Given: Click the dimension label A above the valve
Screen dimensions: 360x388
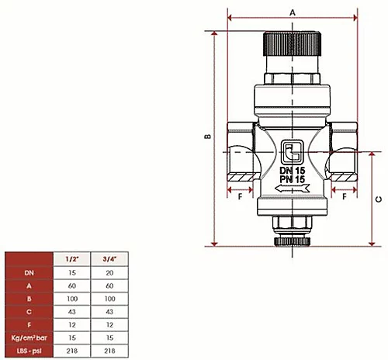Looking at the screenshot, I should tap(292, 12).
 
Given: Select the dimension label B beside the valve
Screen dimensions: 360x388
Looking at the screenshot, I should tap(207, 137).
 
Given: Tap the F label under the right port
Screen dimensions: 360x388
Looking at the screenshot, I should tap(344, 197).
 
